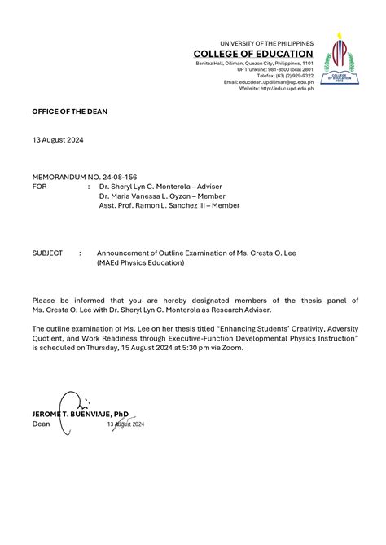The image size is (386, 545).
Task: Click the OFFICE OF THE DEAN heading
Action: [x=69, y=112]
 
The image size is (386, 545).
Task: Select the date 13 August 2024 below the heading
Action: [x=58, y=140]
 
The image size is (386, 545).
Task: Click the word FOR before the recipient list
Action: [x=39, y=186]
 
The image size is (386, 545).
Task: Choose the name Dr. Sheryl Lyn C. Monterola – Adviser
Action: [x=160, y=186]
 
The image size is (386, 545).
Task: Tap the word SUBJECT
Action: [x=47, y=253]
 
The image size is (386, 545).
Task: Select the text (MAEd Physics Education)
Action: [x=140, y=262]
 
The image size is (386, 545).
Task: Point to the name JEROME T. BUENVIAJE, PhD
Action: [x=80, y=415]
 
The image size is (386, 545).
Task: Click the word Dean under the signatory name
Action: [x=41, y=424]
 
